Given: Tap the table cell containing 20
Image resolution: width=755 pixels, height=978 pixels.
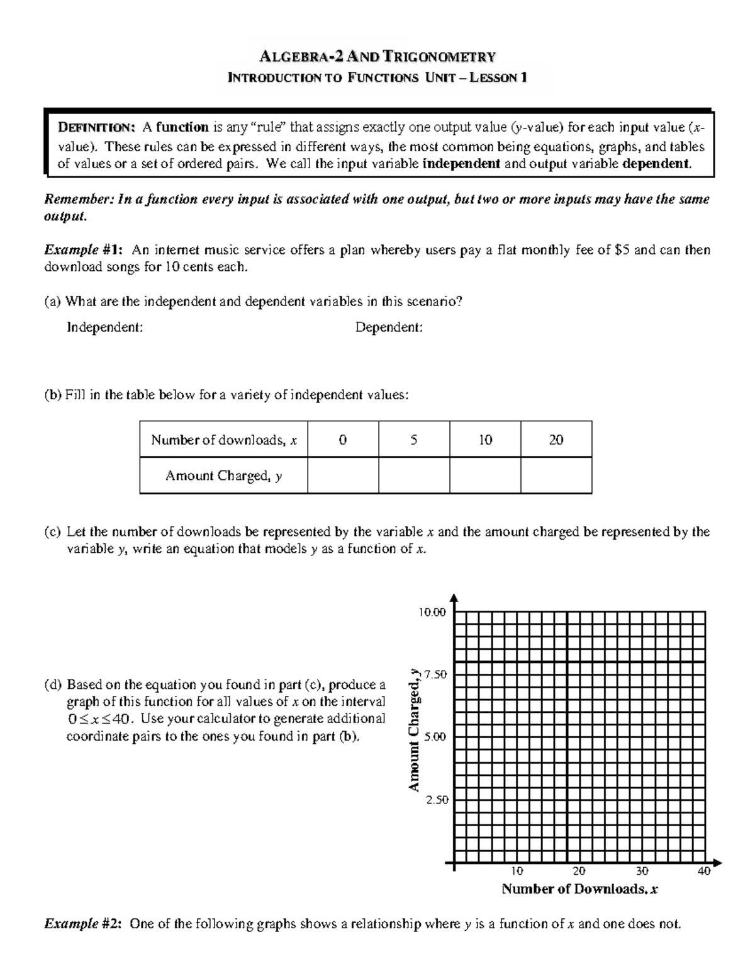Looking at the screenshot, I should pyautogui.click(x=556, y=440).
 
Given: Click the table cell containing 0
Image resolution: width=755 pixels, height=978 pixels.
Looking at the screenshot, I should pyautogui.click(x=342, y=440).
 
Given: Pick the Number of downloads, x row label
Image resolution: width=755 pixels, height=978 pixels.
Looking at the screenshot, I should pyautogui.click(x=223, y=440).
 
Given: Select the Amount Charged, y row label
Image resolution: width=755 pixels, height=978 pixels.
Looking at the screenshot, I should pyautogui.click(x=223, y=475).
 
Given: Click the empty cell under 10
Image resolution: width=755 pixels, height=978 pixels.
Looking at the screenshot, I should pyautogui.click(x=484, y=475).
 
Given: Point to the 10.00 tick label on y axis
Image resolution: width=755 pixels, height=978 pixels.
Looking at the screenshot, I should pyautogui.click(x=432, y=611).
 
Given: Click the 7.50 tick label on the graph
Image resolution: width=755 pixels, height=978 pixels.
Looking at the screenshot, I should pyautogui.click(x=435, y=674).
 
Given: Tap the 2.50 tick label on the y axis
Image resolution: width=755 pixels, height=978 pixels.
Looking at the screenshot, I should pyautogui.click(x=435, y=800).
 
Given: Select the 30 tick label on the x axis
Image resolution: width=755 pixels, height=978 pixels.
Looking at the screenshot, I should pyautogui.click(x=641, y=872).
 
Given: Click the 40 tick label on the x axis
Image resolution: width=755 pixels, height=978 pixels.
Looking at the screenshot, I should pyautogui.click(x=703, y=872).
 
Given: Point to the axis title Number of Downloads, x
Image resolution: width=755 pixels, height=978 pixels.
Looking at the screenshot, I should pyautogui.click(x=579, y=889).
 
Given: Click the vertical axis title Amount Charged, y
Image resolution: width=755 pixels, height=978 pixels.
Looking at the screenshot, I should pyautogui.click(x=413, y=730).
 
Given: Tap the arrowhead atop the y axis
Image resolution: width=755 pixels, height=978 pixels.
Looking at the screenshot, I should pyautogui.click(x=454, y=598).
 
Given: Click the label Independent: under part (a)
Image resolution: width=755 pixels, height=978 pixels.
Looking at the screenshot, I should pyautogui.click(x=105, y=327).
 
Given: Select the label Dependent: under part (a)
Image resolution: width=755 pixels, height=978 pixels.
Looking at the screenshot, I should pyautogui.click(x=389, y=327).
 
